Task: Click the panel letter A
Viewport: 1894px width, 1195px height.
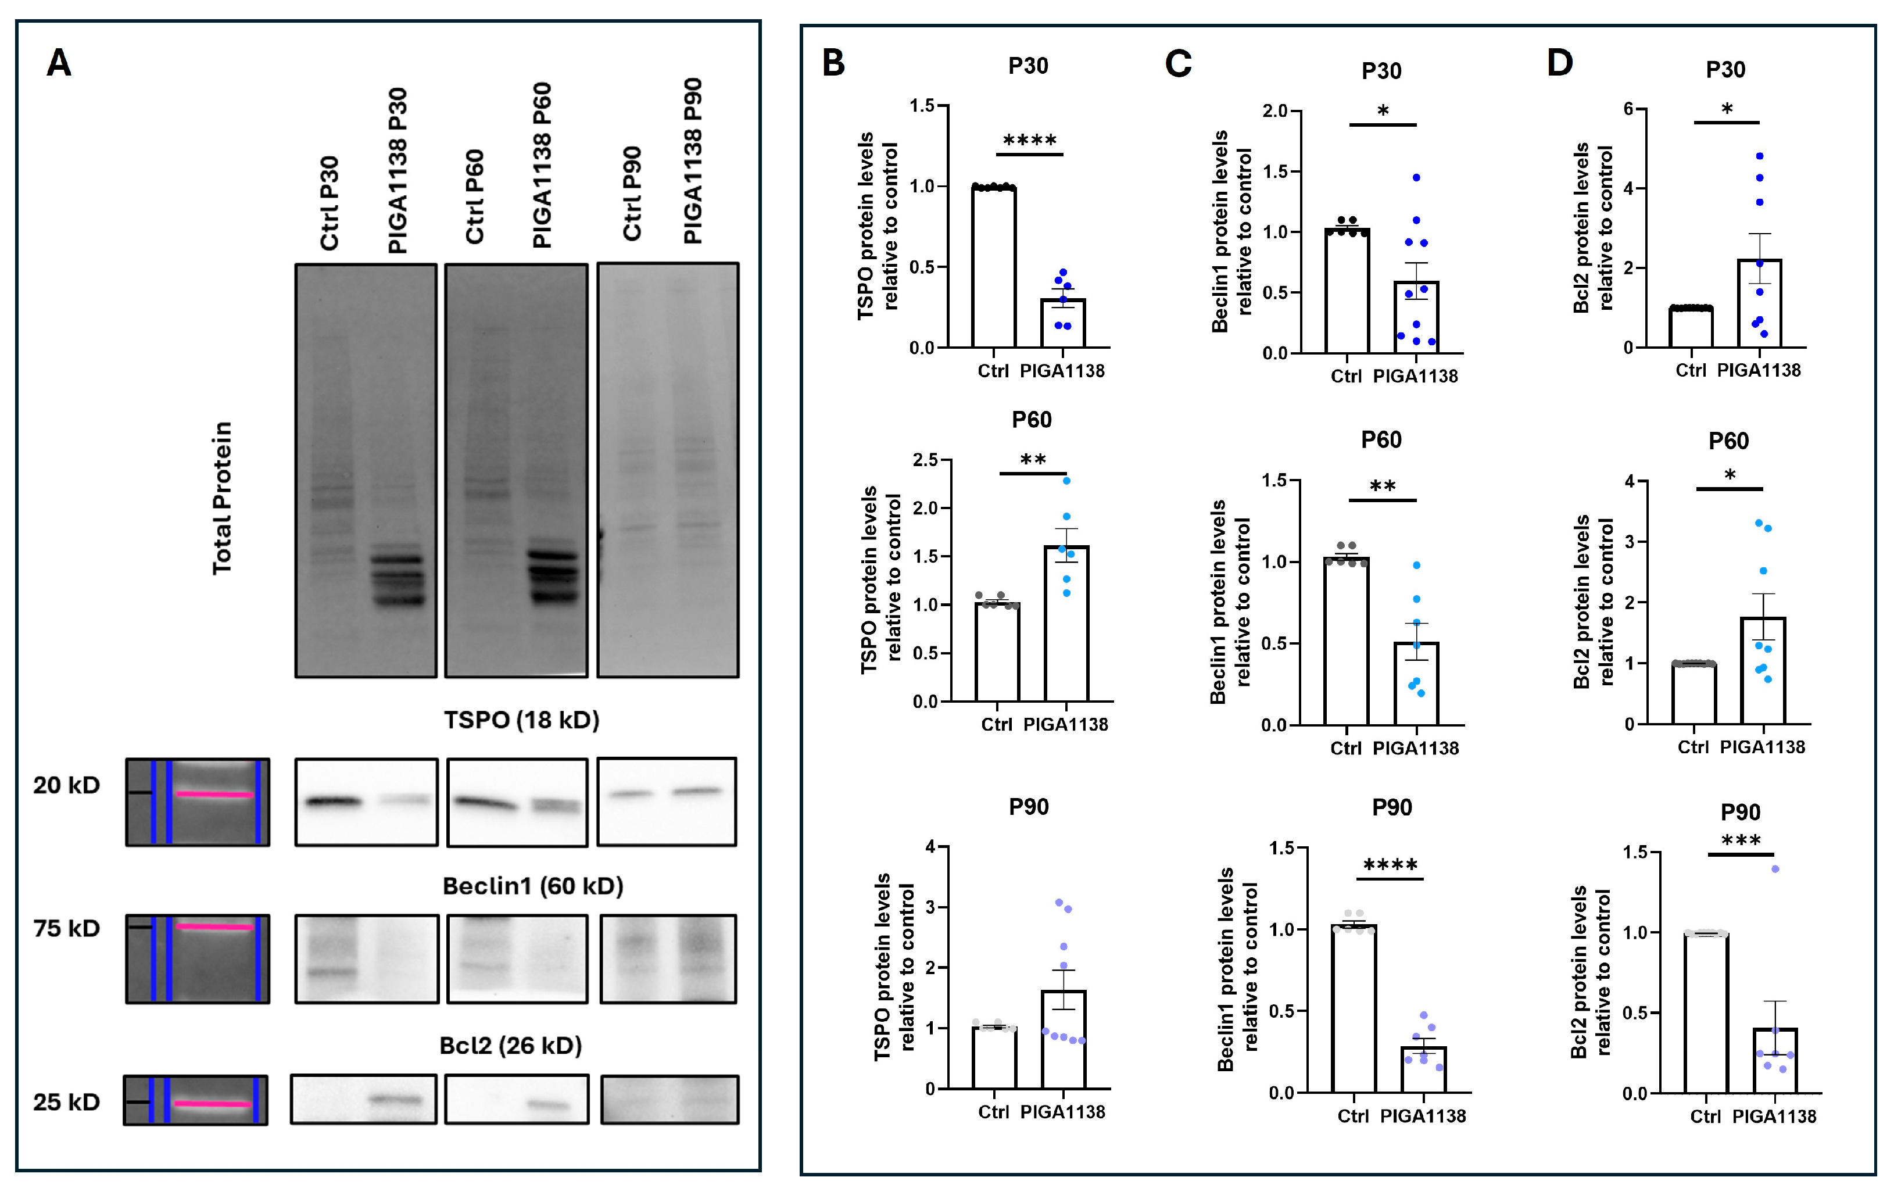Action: pyautogui.click(x=59, y=63)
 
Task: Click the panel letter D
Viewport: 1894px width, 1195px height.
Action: pyautogui.click(x=1560, y=63)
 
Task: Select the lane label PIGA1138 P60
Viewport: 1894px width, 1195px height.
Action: pyautogui.click(x=542, y=165)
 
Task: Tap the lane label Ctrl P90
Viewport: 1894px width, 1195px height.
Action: pyautogui.click(x=632, y=194)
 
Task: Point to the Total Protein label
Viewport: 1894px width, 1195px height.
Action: pyautogui.click(x=223, y=498)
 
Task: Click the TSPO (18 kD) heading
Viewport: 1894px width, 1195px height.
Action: pyautogui.click(x=521, y=720)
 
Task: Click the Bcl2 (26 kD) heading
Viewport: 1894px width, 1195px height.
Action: pyautogui.click(x=510, y=1046)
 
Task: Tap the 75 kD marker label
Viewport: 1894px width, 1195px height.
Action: pyautogui.click(x=67, y=928)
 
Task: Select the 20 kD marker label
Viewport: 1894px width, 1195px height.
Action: pyautogui.click(x=67, y=785)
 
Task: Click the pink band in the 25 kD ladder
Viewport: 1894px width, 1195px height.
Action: pyautogui.click(x=213, y=1104)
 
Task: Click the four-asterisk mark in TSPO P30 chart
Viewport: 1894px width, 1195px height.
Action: pyautogui.click(x=1030, y=141)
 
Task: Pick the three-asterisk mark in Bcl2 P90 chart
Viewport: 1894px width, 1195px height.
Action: pyautogui.click(x=1741, y=840)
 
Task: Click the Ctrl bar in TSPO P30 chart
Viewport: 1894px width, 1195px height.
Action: pyautogui.click(x=993, y=267)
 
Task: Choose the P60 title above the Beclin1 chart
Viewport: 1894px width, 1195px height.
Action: pyautogui.click(x=1381, y=440)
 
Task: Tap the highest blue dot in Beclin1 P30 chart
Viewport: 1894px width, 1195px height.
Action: pyautogui.click(x=1416, y=178)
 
